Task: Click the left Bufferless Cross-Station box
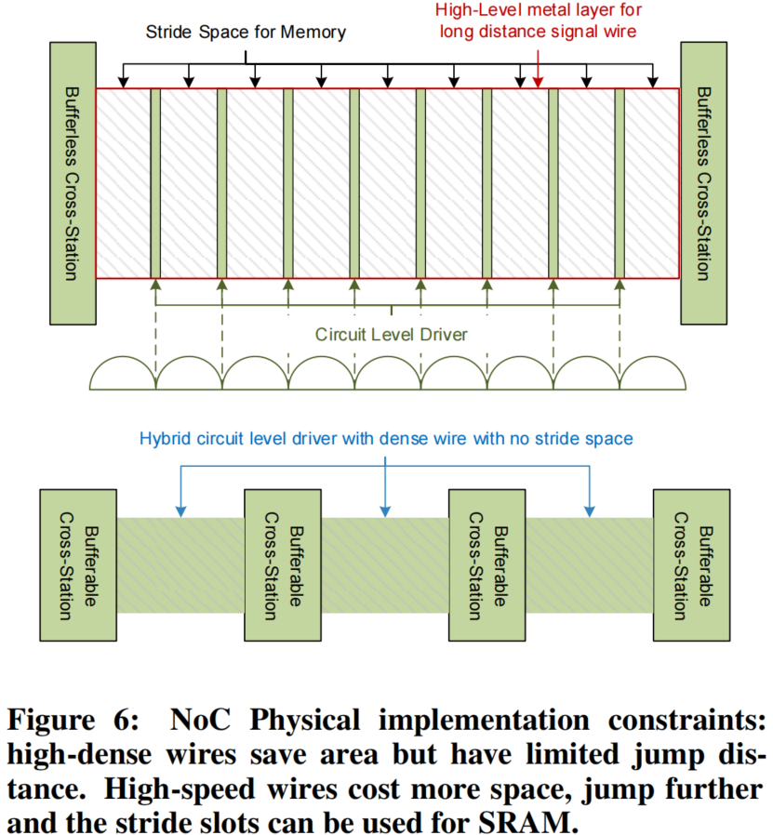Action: (x=71, y=183)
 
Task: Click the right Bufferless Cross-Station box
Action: (x=704, y=183)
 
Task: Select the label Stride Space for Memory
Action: (x=246, y=33)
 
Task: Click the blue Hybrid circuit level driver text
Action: (x=387, y=437)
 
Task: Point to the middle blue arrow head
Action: (x=384, y=510)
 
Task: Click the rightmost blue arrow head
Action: (x=588, y=510)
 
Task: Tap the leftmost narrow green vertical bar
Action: (x=155, y=183)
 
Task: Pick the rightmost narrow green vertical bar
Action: (x=619, y=183)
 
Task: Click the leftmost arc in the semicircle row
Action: (x=121, y=375)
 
